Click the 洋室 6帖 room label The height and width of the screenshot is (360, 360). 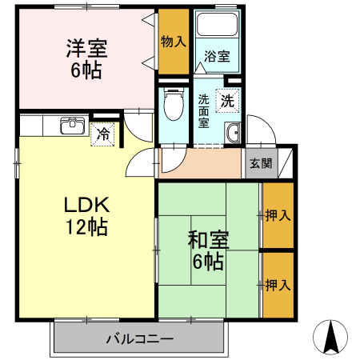click(85, 58)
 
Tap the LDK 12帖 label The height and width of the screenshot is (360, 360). click(86, 215)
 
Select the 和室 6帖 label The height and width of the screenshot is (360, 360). click(206, 250)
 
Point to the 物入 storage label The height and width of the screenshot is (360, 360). click(173, 41)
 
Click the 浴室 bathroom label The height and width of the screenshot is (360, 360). click(217, 58)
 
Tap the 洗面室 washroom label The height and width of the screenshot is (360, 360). click(204, 110)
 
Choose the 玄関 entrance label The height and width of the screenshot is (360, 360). click(260, 163)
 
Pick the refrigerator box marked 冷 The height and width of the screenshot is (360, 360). click(103, 134)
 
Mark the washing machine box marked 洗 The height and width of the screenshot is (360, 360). click(228, 102)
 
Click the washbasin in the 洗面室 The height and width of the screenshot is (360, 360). click(233, 134)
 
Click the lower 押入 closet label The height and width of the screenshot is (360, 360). click(277, 285)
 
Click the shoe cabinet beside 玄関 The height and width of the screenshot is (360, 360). click(286, 163)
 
